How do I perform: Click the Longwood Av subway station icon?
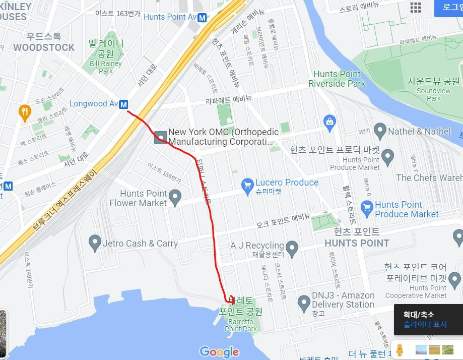pos(123,104)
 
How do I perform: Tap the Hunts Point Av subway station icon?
pos(202,17)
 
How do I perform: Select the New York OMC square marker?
pos(161,137)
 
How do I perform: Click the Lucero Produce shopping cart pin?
pos(247,186)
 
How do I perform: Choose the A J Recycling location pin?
pos(292,248)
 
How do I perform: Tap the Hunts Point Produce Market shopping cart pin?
pos(367,208)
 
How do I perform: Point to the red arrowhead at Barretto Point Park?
pos(231,298)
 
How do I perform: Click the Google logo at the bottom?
pos(219,351)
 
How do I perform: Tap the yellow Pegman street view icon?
pos(400,349)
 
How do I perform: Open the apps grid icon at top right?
pos(415,7)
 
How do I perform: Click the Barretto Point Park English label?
pos(241,325)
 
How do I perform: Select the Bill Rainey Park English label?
pos(106,68)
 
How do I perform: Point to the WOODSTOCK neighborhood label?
pos(44,47)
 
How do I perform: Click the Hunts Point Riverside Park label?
pos(337,79)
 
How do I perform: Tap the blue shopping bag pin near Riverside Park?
pos(329,121)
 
